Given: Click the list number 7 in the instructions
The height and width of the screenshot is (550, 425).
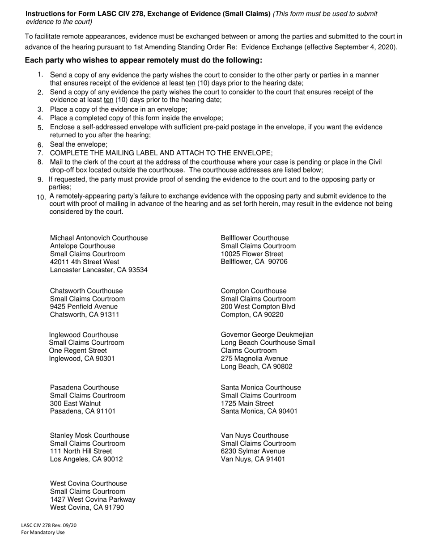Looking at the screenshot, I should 40,153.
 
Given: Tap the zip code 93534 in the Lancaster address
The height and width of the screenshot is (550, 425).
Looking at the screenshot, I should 138,270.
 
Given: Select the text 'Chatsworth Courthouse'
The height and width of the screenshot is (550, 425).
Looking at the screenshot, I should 86,291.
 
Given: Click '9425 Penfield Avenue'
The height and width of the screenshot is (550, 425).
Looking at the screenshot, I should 84,307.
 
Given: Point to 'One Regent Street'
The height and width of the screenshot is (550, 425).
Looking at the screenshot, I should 78,351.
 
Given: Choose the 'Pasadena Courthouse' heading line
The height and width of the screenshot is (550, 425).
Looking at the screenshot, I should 85,388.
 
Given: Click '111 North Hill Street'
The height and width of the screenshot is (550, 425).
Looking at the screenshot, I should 81,451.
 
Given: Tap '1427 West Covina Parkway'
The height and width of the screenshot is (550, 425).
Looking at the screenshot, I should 93,499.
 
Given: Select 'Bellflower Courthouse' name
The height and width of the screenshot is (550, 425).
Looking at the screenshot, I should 255,238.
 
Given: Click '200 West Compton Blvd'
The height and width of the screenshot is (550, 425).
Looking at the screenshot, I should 258,307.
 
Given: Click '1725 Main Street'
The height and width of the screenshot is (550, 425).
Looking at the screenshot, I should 247,403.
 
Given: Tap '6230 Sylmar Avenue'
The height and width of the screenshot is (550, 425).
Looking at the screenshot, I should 253,451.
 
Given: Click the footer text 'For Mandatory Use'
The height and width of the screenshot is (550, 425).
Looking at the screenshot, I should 43,533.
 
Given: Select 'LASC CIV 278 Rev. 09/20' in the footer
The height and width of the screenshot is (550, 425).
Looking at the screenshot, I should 49,525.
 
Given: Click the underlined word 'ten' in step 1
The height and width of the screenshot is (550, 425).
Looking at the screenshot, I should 191,83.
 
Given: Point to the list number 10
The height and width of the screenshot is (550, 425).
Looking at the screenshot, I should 41,197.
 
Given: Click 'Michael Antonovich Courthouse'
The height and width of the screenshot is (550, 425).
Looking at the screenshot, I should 99,238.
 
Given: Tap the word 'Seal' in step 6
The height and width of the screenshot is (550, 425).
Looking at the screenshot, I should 58,144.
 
